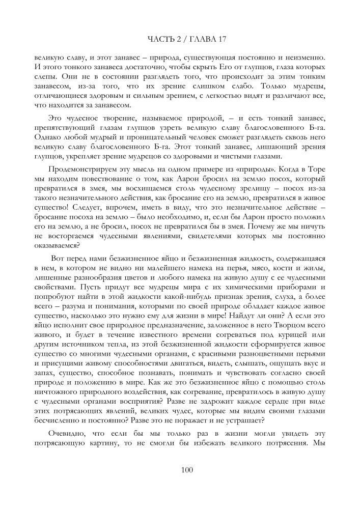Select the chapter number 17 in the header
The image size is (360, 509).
tap(221, 39)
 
